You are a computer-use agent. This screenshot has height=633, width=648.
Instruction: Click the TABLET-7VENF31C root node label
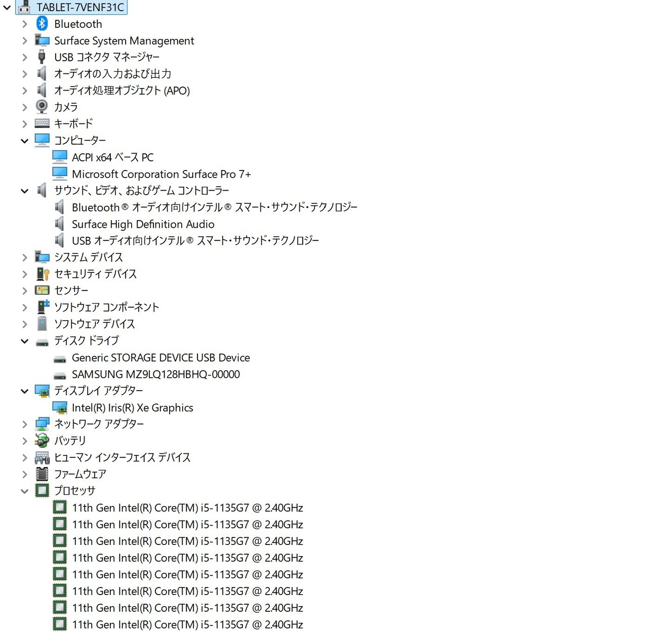(x=80, y=7)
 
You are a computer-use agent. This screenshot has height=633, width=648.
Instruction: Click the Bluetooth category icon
(x=42, y=23)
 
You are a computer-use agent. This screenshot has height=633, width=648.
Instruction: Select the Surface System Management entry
(x=124, y=40)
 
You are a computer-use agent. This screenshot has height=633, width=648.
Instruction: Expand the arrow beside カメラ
(x=24, y=107)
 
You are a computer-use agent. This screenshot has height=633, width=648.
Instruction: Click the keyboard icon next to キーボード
(x=42, y=123)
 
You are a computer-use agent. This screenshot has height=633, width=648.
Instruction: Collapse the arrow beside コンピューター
(x=24, y=141)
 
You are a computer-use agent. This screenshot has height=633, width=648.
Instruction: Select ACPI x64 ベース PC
(x=112, y=157)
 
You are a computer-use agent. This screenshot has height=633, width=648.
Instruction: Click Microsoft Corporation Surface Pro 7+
(x=161, y=174)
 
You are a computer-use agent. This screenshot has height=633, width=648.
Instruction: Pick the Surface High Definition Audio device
(x=143, y=224)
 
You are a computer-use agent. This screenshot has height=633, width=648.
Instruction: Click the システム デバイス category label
(x=89, y=257)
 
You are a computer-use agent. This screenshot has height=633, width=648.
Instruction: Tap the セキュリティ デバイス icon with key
(x=43, y=274)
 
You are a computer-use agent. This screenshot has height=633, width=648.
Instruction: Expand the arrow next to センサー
(x=24, y=291)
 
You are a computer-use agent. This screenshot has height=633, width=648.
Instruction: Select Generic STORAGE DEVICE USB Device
(x=160, y=358)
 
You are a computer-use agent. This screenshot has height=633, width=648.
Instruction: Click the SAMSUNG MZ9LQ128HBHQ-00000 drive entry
(x=155, y=374)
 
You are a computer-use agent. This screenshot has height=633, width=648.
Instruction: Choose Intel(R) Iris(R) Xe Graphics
(x=132, y=408)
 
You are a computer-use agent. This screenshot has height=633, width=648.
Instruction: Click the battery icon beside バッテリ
(x=42, y=441)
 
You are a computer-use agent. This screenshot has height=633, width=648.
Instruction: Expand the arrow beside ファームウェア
(x=24, y=475)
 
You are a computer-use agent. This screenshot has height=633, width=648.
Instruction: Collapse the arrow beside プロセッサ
(x=24, y=491)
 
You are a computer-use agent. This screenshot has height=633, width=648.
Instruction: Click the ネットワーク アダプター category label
(x=99, y=424)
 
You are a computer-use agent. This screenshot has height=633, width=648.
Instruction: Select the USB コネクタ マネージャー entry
(x=107, y=57)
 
